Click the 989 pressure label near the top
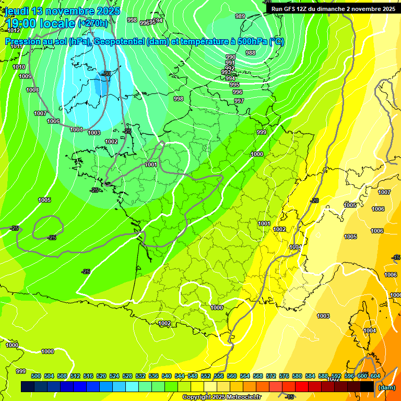pos(240,17)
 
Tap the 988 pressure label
pos(251,53)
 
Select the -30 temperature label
pos(107,74)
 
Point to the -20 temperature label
pos(314,201)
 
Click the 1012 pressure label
pos(14,45)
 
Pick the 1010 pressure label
pos(19,67)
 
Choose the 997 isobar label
pos(239,101)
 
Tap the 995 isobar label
pos(234,85)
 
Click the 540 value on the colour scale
pos(167,376)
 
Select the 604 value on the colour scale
pos(375,376)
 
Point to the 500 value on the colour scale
pos(36,376)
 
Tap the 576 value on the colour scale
pos(284,376)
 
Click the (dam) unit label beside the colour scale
pos(386,387)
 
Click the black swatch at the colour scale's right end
pos(367,387)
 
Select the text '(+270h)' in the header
pos(93,23)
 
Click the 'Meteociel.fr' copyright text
pos(243,397)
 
